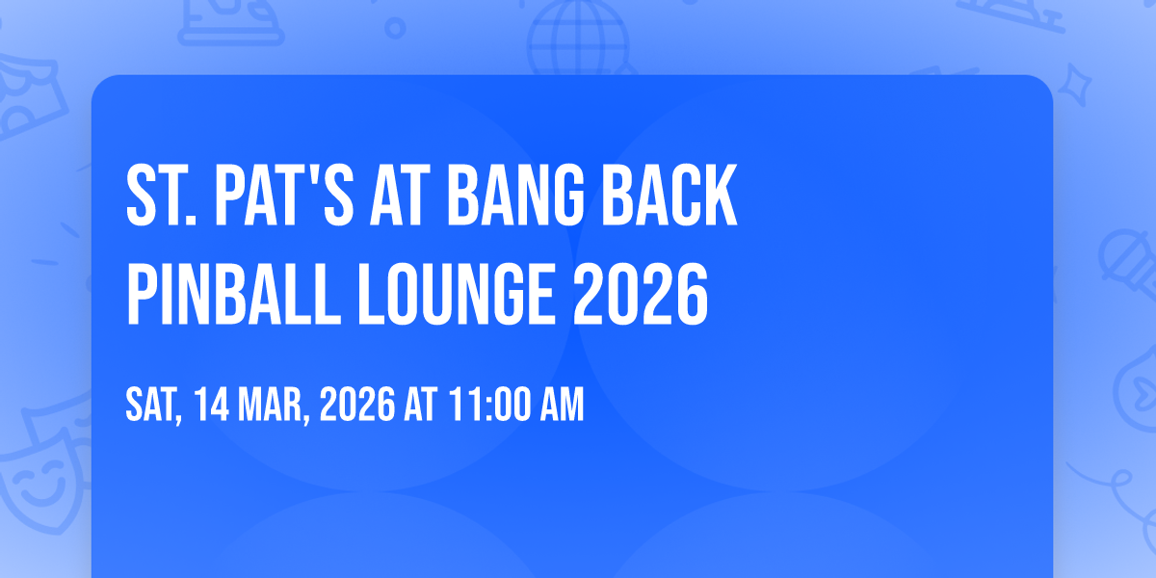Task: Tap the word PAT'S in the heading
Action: [284, 195]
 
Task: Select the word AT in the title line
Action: [400, 195]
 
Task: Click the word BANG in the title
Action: [515, 195]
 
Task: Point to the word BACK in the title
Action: [670, 195]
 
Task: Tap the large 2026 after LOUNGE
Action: [641, 294]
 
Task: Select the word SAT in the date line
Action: [154, 406]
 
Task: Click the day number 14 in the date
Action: [212, 405]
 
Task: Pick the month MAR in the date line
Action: [274, 406]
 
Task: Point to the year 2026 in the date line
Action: [357, 405]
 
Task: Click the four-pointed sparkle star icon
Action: [1075, 85]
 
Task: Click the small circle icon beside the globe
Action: [395, 28]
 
